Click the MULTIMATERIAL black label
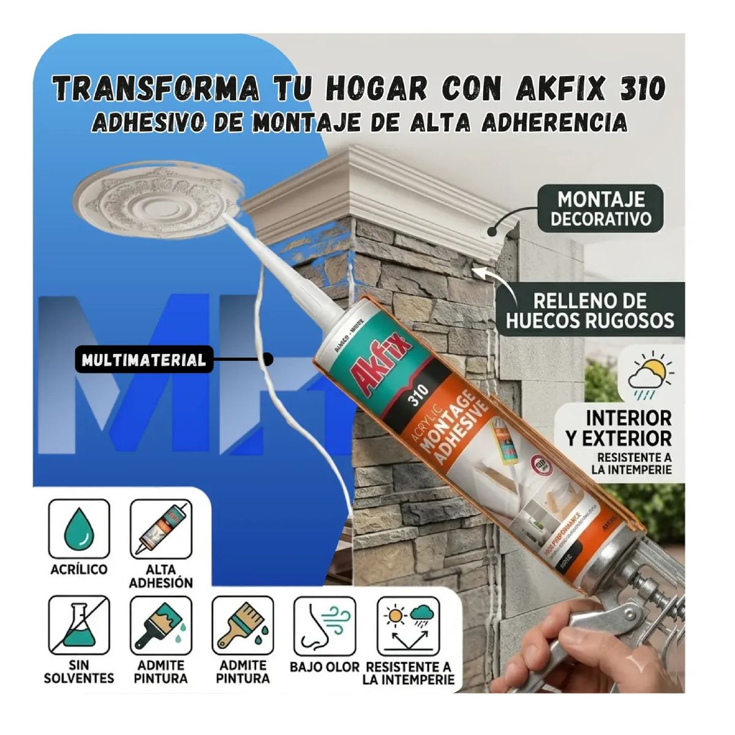144,360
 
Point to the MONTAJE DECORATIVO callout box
600,209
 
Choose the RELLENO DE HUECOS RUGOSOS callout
589,310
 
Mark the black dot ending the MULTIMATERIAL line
268,360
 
